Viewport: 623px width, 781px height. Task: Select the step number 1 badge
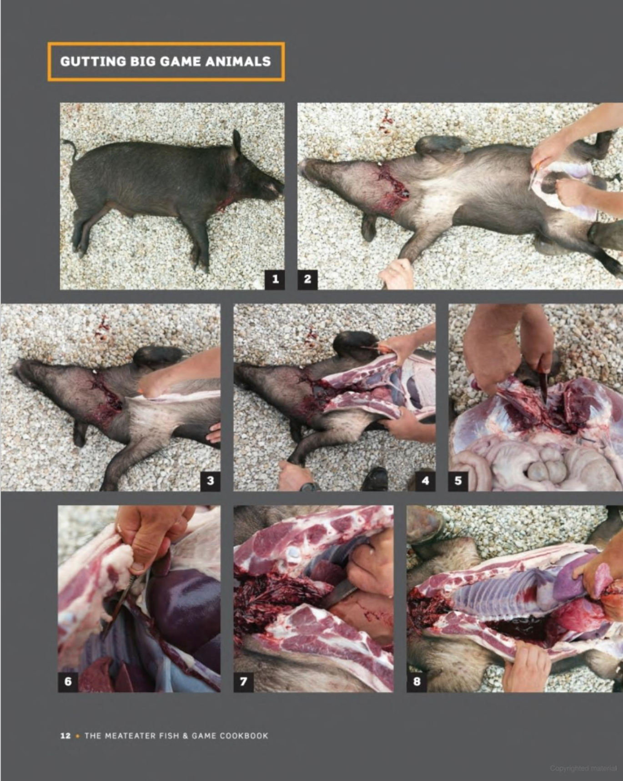pos(275,279)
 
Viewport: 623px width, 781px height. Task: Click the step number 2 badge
pos(307,279)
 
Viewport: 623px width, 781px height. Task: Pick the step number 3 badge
pos(210,481)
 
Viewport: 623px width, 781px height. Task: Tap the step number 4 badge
pos(425,481)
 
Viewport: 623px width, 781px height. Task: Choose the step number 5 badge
pos(458,481)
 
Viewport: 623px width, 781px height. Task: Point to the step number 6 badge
pos(68,682)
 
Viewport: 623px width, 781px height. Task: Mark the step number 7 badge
pos(244,682)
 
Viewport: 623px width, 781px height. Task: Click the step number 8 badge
pos(417,682)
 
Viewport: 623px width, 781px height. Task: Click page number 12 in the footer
pos(65,736)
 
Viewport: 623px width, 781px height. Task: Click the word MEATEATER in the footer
pos(130,736)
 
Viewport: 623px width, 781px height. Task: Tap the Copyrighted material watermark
pos(583,769)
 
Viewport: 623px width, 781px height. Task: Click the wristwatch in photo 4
pos(309,487)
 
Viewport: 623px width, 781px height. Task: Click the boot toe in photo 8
pos(423,523)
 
